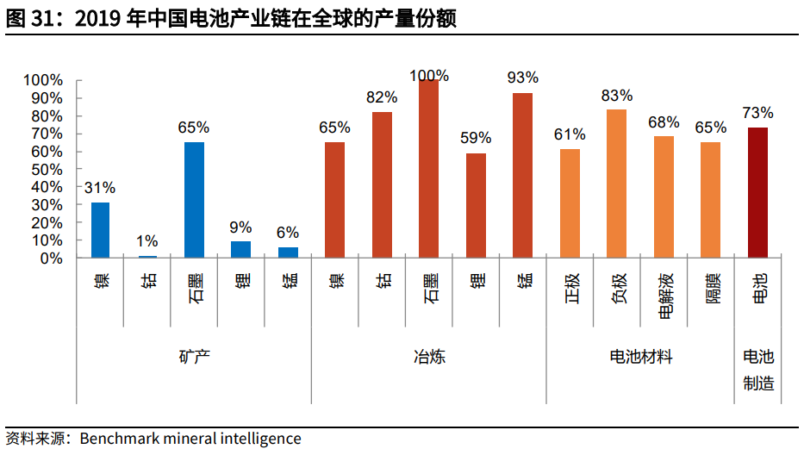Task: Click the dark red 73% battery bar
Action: [757, 192]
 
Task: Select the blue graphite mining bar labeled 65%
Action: [194, 200]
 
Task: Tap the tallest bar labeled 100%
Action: [428, 169]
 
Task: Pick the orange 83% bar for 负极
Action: [616, 184]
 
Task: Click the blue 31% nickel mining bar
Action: [101, 230]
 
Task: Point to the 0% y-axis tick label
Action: [49, 259]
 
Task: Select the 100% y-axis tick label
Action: [41, 80]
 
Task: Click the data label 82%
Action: [382, 97]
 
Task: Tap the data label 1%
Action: [147, 242]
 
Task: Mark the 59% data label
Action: [475, 138]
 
